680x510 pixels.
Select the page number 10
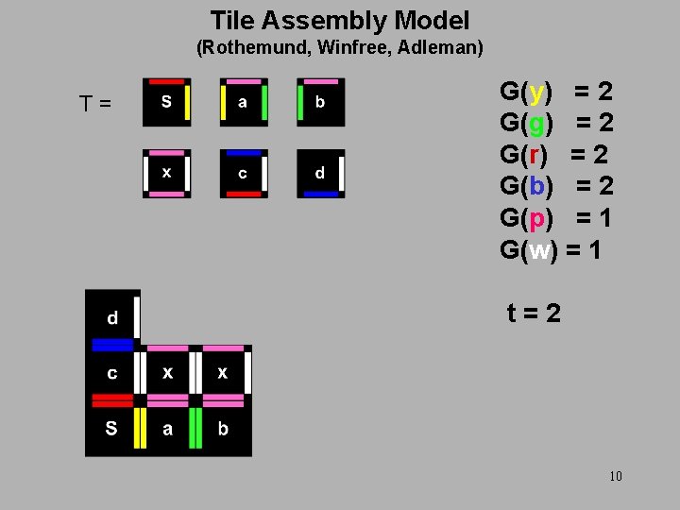coord(616,476)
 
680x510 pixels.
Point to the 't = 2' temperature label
coord(534,312)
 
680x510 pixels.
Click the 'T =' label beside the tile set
coord(94,102)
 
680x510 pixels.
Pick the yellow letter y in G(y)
coord(536,93)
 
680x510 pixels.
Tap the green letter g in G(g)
coord(536,123)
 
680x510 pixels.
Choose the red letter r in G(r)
coord(535,154)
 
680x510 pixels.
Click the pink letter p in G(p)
coord(536,219)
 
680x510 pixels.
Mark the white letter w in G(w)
coord(539,250)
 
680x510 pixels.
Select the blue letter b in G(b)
coord(536,186)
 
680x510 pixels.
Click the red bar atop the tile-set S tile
coord(167,81)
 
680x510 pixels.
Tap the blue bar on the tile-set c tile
coord(244,153)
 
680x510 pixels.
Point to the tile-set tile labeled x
coord(167,174)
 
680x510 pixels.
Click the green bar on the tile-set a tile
coord(264,102)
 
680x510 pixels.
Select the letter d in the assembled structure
coord(112,318)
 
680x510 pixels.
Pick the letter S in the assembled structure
coord(111,429)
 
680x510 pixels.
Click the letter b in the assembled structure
coord(223,429)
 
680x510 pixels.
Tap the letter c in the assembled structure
coord(112,373)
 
